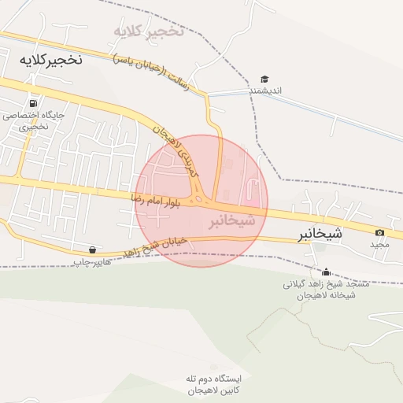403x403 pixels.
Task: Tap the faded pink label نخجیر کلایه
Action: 149,31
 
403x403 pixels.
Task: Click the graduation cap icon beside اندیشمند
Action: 264,79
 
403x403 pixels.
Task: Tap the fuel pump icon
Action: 32,103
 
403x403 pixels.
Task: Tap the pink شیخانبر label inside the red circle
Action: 232,222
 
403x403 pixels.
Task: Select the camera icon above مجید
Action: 380,232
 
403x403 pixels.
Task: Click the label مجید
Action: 380,245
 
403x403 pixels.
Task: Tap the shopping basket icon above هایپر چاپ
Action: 94,250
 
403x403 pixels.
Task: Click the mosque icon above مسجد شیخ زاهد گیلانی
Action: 326,272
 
